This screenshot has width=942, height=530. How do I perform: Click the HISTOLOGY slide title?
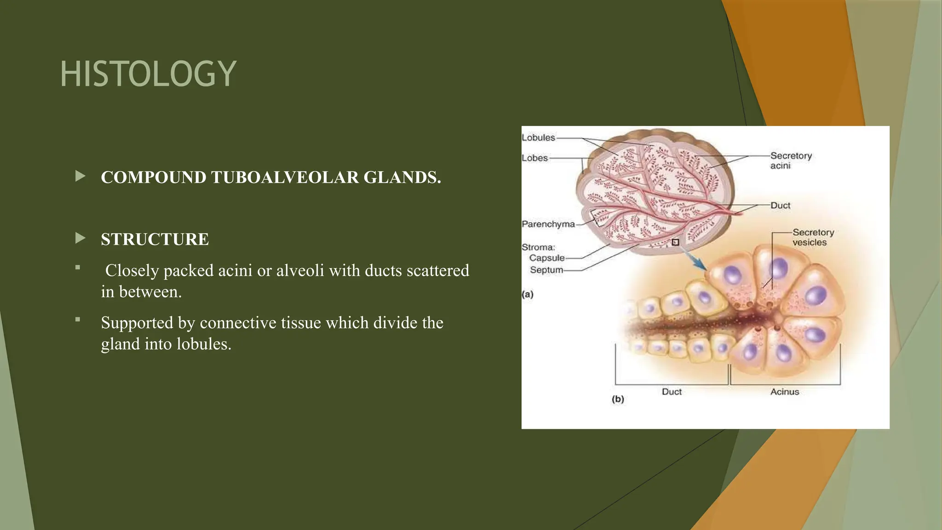[x=148, y=74]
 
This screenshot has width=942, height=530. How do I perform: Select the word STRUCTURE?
[x=155, y=239]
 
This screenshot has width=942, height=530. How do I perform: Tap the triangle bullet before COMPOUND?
[x=80, y=176]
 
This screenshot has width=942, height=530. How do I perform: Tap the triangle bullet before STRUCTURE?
[x=80, y=238]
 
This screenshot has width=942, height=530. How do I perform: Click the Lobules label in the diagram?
[x=538, y=138]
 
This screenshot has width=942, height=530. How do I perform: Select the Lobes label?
[x=534, y=158]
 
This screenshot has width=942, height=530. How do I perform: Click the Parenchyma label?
[x=548, y=224]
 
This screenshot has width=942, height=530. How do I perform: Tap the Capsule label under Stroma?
[x=546, y=258]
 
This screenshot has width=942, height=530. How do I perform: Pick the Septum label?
[x=546, y=270]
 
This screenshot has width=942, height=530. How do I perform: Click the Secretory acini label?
[x=791, y=161]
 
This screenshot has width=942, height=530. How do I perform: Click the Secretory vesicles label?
[x=813, y=237]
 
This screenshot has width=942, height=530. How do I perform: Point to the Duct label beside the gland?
[x=780, y=205]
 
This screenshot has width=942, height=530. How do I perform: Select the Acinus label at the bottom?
[x=784, y=392]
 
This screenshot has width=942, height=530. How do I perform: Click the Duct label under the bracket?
[x=672, y=392]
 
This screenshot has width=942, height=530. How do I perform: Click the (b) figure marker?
[x=618, y=399]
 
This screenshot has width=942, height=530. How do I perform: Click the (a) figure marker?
[x=528, y=294]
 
